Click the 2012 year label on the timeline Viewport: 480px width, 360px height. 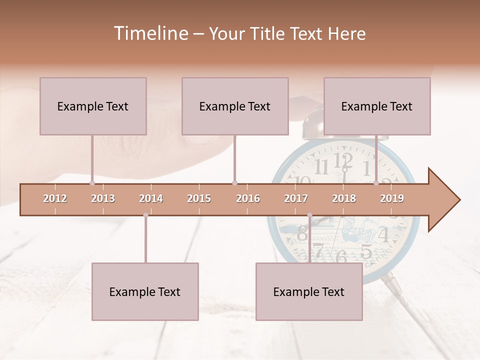point(55,198)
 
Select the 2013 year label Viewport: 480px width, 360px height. point(103,198)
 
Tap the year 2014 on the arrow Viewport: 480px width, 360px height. point(151,198)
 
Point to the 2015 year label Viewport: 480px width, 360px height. point(199,198)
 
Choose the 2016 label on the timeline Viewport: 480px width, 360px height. point(248,198)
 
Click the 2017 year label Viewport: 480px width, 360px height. point(296,198)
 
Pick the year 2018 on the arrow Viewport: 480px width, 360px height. point(344,198)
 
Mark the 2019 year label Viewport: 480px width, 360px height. point(392,198)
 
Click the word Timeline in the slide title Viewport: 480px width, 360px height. point(150,33)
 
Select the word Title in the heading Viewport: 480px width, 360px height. point(270,33)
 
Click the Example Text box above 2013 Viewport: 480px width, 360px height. point(93,106)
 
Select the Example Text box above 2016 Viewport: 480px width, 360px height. point(235,106)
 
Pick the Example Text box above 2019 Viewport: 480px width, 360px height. point(377,106)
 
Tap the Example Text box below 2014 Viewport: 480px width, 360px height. point(145,291)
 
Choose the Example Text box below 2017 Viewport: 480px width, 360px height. point(309,291)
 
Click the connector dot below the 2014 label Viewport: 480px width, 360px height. point(145,215)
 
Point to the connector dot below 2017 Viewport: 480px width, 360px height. point(309,215)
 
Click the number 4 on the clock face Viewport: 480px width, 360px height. point(383,234)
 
